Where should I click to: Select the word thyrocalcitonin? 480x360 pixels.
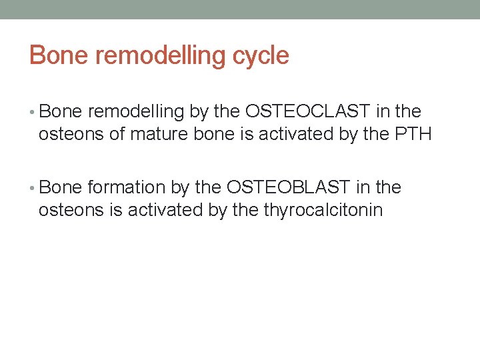click(x=323, y=211)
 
